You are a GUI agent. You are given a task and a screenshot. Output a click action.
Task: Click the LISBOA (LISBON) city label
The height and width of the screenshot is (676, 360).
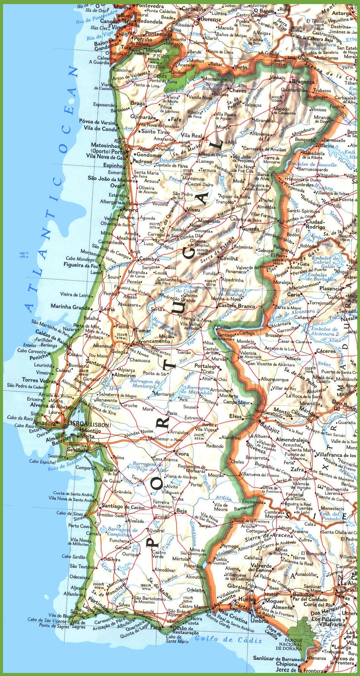tap(89, 425)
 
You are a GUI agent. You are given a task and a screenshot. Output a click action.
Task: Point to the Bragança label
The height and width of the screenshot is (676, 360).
tap(303, 82)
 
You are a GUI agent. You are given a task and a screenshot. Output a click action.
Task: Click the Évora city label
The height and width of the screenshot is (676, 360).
tap(182, 453)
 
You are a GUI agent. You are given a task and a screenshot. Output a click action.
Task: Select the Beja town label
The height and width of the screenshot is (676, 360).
tap(181, 511)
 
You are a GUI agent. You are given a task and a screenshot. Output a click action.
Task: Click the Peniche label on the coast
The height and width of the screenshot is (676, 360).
tap(39, 358)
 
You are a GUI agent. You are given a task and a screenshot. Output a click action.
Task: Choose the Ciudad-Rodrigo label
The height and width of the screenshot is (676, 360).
tap(316, 224)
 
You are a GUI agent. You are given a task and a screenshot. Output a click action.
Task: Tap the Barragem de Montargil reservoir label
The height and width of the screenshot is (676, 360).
tap(145, 384)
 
